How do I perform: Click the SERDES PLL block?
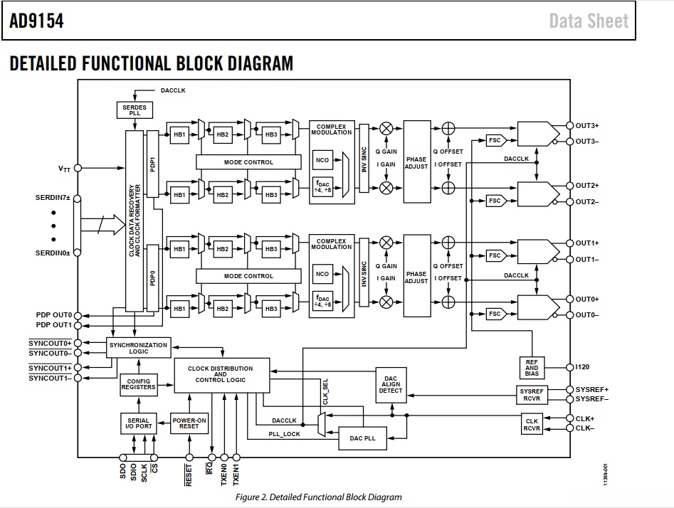pyautogui.click(x=135, y=110)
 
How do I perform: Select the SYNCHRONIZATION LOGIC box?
pyautogui.click(x=138, y=348)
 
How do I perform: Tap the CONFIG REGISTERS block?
pyautogui.click(x=138, y=384)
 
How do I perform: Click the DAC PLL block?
pyautogui.click(x=362, y=438)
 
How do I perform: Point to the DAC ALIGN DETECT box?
pyautogui.click(x=391, y=385)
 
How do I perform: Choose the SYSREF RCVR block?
pyautogui.click(x=532, y=395)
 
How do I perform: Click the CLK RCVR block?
pyautogui.click(x=532, y=425)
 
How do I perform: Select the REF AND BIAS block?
pyautogui.click(x=532, y=368)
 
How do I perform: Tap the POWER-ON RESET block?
pyautogui.click(x=189, y=423)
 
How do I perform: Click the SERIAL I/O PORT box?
pyautogui.click(x=138, y=423)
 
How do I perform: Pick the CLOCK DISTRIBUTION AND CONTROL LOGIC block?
pyautogui.click(x=222, y=375)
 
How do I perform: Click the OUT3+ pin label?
pyautogui.click(x=587, y=125)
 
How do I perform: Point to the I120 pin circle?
pyautogui.click(x=570, y=367)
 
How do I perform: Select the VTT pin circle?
pyautogui.click(x=78, y=168)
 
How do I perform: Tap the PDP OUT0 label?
pyautogui.click(x=53, y=315)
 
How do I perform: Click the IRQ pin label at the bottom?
pyautogui.click(x=209, y=468)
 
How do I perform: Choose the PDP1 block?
pyautogui.click(x=152, y=164)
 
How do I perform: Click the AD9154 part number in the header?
pyautogui.click(x=36, y=21)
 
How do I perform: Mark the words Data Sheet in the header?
pyautogui.click(x=589, y=21)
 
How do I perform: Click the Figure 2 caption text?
pyautogui.click(x=319, y=497)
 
